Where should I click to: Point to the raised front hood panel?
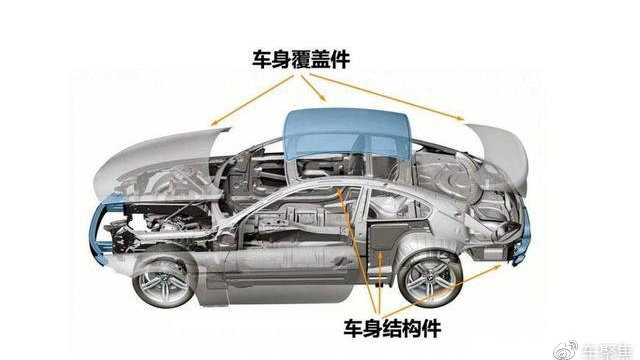pos(160,160)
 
